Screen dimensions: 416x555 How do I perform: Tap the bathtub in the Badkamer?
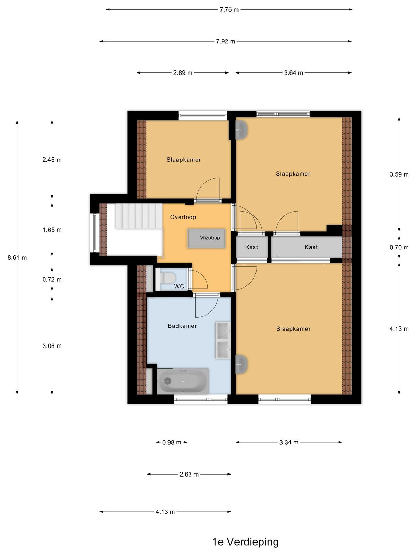point(183,381)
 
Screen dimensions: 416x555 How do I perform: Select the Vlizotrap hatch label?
point(210,238)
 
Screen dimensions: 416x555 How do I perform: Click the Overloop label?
point(183,217)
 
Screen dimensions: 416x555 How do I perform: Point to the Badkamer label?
point(182,326)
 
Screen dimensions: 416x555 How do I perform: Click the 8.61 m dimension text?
point(17,258)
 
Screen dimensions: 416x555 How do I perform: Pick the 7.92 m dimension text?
point(225,41)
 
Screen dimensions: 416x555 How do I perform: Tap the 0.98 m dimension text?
point(172,442)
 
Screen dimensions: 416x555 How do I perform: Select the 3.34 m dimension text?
point(289,442)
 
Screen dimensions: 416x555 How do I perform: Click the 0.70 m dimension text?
point(399,247)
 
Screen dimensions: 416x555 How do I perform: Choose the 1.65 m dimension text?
point(52,230)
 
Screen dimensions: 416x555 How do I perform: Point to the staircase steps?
point(139,216)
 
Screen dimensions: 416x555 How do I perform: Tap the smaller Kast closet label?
point(252,247)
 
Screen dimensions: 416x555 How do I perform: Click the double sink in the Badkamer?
point(223,340)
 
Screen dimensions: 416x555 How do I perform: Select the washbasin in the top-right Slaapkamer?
point(241,130)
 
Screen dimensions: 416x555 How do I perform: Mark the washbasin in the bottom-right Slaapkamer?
point(241,364)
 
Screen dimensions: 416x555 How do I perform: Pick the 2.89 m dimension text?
point(183,73)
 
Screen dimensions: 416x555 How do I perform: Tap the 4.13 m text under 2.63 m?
point(165,512)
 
